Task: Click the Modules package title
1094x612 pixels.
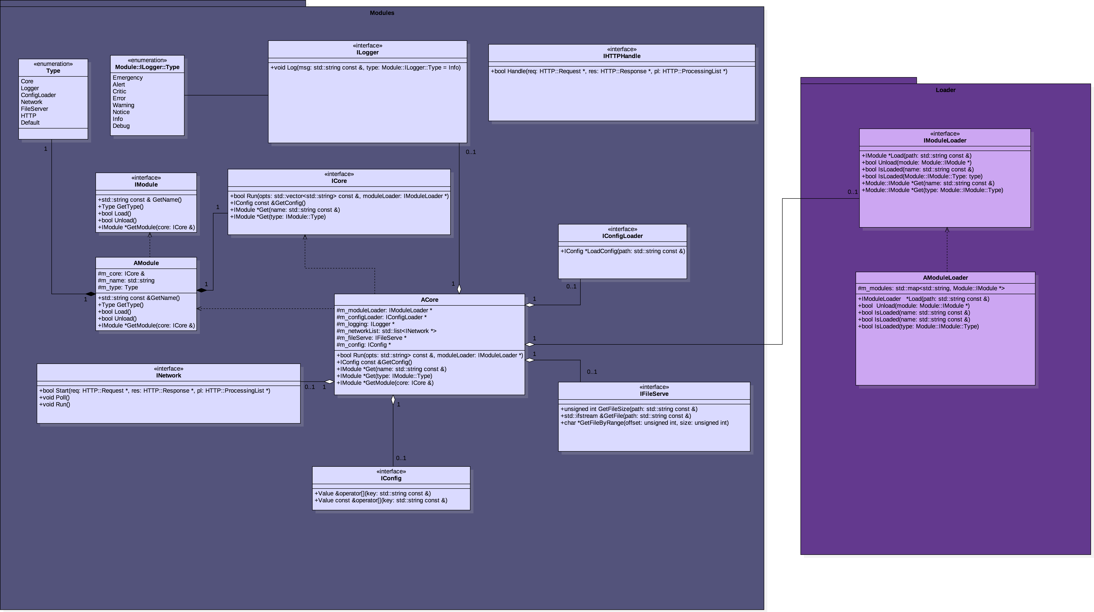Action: tap(382, 13)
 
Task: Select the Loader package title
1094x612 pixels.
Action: tap(945, 90)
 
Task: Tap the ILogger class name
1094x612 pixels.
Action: tap(367, 53)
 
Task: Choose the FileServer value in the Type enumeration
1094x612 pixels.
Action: tap(34, 109)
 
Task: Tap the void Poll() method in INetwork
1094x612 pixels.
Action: tap(54, 397)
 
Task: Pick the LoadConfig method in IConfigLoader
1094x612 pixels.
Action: tap(622, 251)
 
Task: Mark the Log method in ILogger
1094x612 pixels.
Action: tap(365, 67)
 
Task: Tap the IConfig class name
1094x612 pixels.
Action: tap(391, 478)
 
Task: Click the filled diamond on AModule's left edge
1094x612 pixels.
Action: tap(90, 294)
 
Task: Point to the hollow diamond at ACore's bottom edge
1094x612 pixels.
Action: tap(393, 400)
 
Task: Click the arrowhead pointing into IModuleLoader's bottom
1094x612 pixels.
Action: tap(947, 230)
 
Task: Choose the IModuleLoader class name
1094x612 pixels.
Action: tap(945, 141)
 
